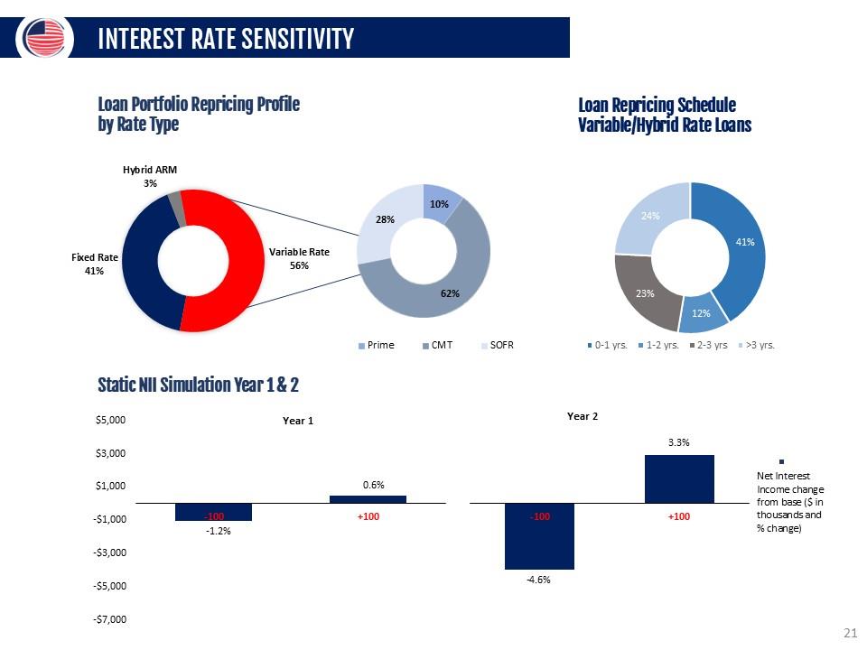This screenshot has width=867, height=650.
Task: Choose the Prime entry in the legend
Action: [378, 345]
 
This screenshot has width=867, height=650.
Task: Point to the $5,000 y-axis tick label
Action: [112, 421]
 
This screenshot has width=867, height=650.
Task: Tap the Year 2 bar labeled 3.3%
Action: [679, 478]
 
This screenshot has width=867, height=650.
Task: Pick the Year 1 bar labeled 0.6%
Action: [368, 498]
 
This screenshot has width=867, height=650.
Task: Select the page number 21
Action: [849, 632]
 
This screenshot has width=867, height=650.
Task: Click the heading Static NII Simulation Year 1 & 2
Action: [198, 385]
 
